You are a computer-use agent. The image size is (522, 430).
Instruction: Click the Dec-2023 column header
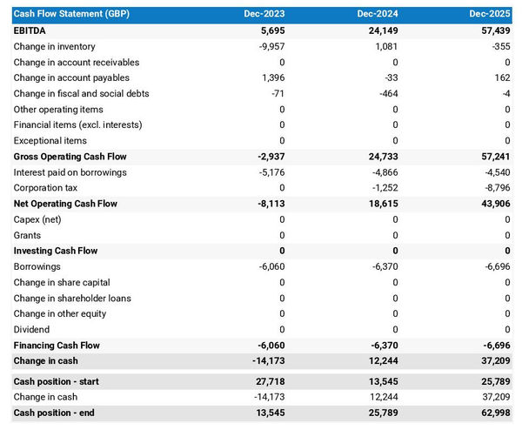[264, 15]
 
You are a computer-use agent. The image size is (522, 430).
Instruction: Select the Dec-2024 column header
[378, 15]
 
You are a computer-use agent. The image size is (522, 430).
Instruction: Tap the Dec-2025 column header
[490, 15]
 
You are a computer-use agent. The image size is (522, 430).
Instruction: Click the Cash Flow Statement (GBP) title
[69, 15]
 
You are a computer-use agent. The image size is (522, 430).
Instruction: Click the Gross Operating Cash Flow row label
[70, 157]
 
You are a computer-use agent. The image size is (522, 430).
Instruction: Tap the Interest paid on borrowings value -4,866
[384, 172]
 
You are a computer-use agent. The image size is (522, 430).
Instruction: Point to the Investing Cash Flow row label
[56, 251]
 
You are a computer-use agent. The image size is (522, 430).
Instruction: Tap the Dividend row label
[32, 329]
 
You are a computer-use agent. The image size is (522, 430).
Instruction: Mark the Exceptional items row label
[50, 141]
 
